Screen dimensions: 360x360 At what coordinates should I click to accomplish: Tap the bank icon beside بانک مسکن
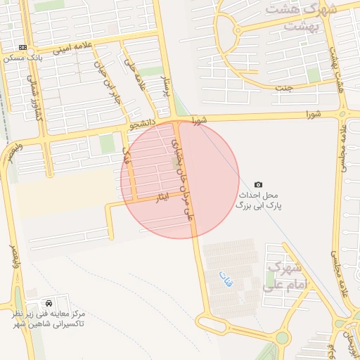pos(23,48)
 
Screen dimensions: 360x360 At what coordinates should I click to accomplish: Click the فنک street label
pos(127,156)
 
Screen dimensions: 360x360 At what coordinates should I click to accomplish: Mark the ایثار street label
pos(162,200)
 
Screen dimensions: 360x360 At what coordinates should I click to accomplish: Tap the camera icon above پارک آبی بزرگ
pos(258,184)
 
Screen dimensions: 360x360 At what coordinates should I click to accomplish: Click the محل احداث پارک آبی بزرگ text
pos(256,200)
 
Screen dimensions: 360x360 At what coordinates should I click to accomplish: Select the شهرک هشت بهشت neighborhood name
pos(309,17)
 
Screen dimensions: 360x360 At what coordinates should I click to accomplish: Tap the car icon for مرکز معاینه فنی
pos(46,301)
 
